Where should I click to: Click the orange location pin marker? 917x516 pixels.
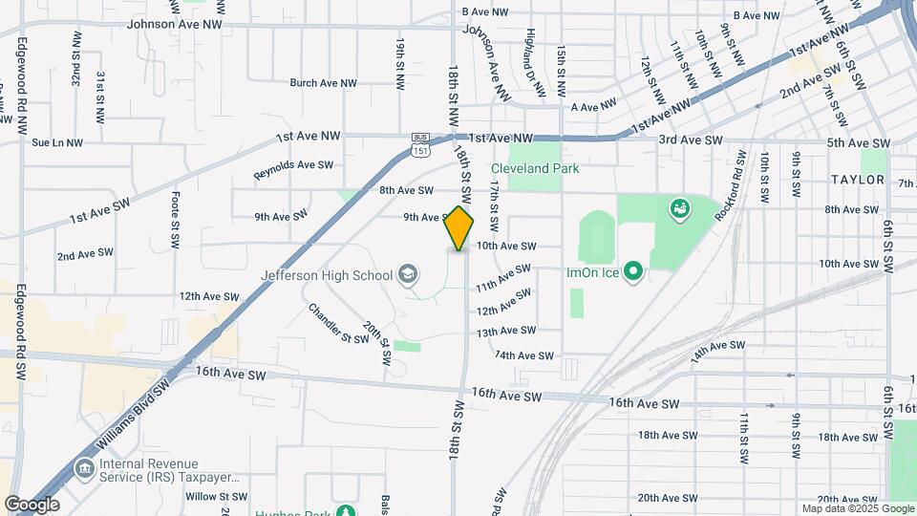tap(459, 228)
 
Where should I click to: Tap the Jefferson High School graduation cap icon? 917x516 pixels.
tap(408, 275)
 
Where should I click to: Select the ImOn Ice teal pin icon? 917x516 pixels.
tap(631, 272)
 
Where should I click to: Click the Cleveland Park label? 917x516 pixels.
tap(535, 169)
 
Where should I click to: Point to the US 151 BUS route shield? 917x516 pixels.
tap(421, 144)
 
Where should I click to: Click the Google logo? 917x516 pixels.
tap(32, 504)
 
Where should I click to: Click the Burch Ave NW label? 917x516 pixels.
tap(323, 84)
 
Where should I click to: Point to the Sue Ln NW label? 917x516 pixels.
tap(57, 143)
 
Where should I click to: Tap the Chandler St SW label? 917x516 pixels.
tap(337, 324)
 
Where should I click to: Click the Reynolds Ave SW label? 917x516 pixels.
tap(293, 171)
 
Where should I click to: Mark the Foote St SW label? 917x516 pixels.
tap(175, 220)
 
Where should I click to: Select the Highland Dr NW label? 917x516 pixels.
tap(536, 62)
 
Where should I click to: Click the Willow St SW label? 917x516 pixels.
tap(217, 496)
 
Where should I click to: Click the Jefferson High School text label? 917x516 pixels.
tap(327, 275)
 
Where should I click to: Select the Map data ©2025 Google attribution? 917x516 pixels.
tap(856, 508)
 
